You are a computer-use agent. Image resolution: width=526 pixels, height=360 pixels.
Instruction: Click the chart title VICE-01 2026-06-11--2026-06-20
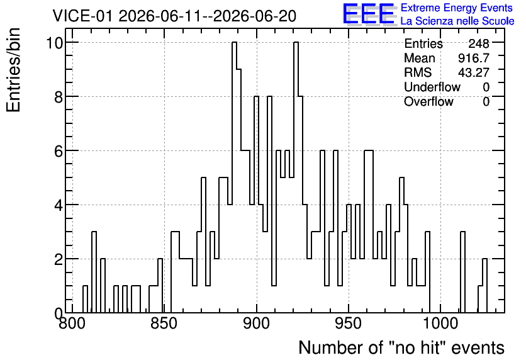[174, 16]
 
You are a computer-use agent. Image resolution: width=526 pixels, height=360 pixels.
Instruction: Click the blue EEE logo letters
[369, 14]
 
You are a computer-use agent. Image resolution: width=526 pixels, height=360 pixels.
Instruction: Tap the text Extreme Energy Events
[457, 8]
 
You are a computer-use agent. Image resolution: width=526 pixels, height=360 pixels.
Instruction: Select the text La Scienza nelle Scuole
[457, 21]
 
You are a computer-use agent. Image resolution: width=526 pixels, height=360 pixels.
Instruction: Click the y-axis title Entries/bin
[13, 70]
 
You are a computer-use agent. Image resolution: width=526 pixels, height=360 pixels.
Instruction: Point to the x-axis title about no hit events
[401, 348]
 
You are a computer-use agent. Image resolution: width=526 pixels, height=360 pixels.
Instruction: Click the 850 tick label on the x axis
[164, 323]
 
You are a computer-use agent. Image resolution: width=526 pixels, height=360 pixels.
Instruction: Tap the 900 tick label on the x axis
[257, 323]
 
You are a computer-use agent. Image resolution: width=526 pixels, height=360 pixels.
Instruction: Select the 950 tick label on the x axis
[349, 323]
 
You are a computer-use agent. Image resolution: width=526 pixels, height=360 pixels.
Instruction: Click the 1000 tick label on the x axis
[441, 323]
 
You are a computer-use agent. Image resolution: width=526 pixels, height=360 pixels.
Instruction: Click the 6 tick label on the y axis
[59, 151]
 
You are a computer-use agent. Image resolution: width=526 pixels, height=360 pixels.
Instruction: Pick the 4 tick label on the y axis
[59, 205]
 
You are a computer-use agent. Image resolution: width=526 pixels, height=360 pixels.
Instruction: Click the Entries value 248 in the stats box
[479, 43]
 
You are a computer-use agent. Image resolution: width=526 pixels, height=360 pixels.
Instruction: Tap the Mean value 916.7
[474, 58]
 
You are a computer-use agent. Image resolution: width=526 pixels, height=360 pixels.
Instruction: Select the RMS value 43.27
[474, 72]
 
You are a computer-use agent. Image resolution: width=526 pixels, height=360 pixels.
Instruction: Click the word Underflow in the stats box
[432, 87]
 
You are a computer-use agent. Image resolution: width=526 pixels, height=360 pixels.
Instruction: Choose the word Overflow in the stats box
[428, 101]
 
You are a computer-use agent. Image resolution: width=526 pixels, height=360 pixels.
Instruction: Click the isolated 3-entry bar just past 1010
[462, 272]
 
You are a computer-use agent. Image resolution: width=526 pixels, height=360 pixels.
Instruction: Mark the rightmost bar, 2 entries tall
[484, 286]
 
